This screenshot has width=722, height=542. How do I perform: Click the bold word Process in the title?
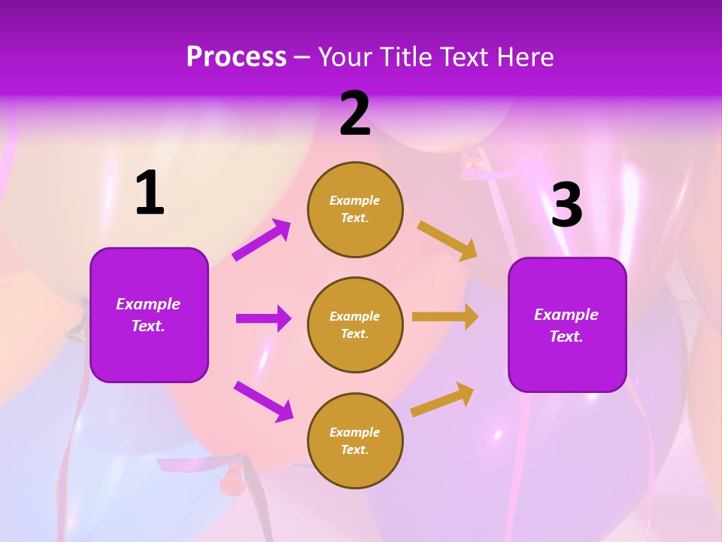click(x=236, y=56)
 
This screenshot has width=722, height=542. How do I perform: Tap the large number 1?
click(x=150, y=193)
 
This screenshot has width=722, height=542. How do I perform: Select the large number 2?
click(x=355, y=114)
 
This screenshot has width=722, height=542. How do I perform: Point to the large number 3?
click(x=566, y=205)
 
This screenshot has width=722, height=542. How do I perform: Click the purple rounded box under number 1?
click(x=149, y=315)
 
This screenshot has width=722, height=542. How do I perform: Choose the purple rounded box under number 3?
click(x=567, y=324)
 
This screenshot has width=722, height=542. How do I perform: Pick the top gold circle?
click(x=355, y=209)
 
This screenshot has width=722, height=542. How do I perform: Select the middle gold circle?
click(x=355, y=324)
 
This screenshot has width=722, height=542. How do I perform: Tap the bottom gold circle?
click(x=355, y=440)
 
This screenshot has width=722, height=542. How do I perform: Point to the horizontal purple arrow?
click(x=263, y=318)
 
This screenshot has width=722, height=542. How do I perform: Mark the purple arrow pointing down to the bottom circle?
click(x=263, y=401)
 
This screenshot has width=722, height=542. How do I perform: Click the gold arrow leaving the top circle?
click(x=447, y=240)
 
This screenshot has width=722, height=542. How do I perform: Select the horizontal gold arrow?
click(x=445, y=317)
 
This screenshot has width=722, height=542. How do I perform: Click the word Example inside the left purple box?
click(x=148, y=304)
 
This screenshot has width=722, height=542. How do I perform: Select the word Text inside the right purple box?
click(x=566, y=336)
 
